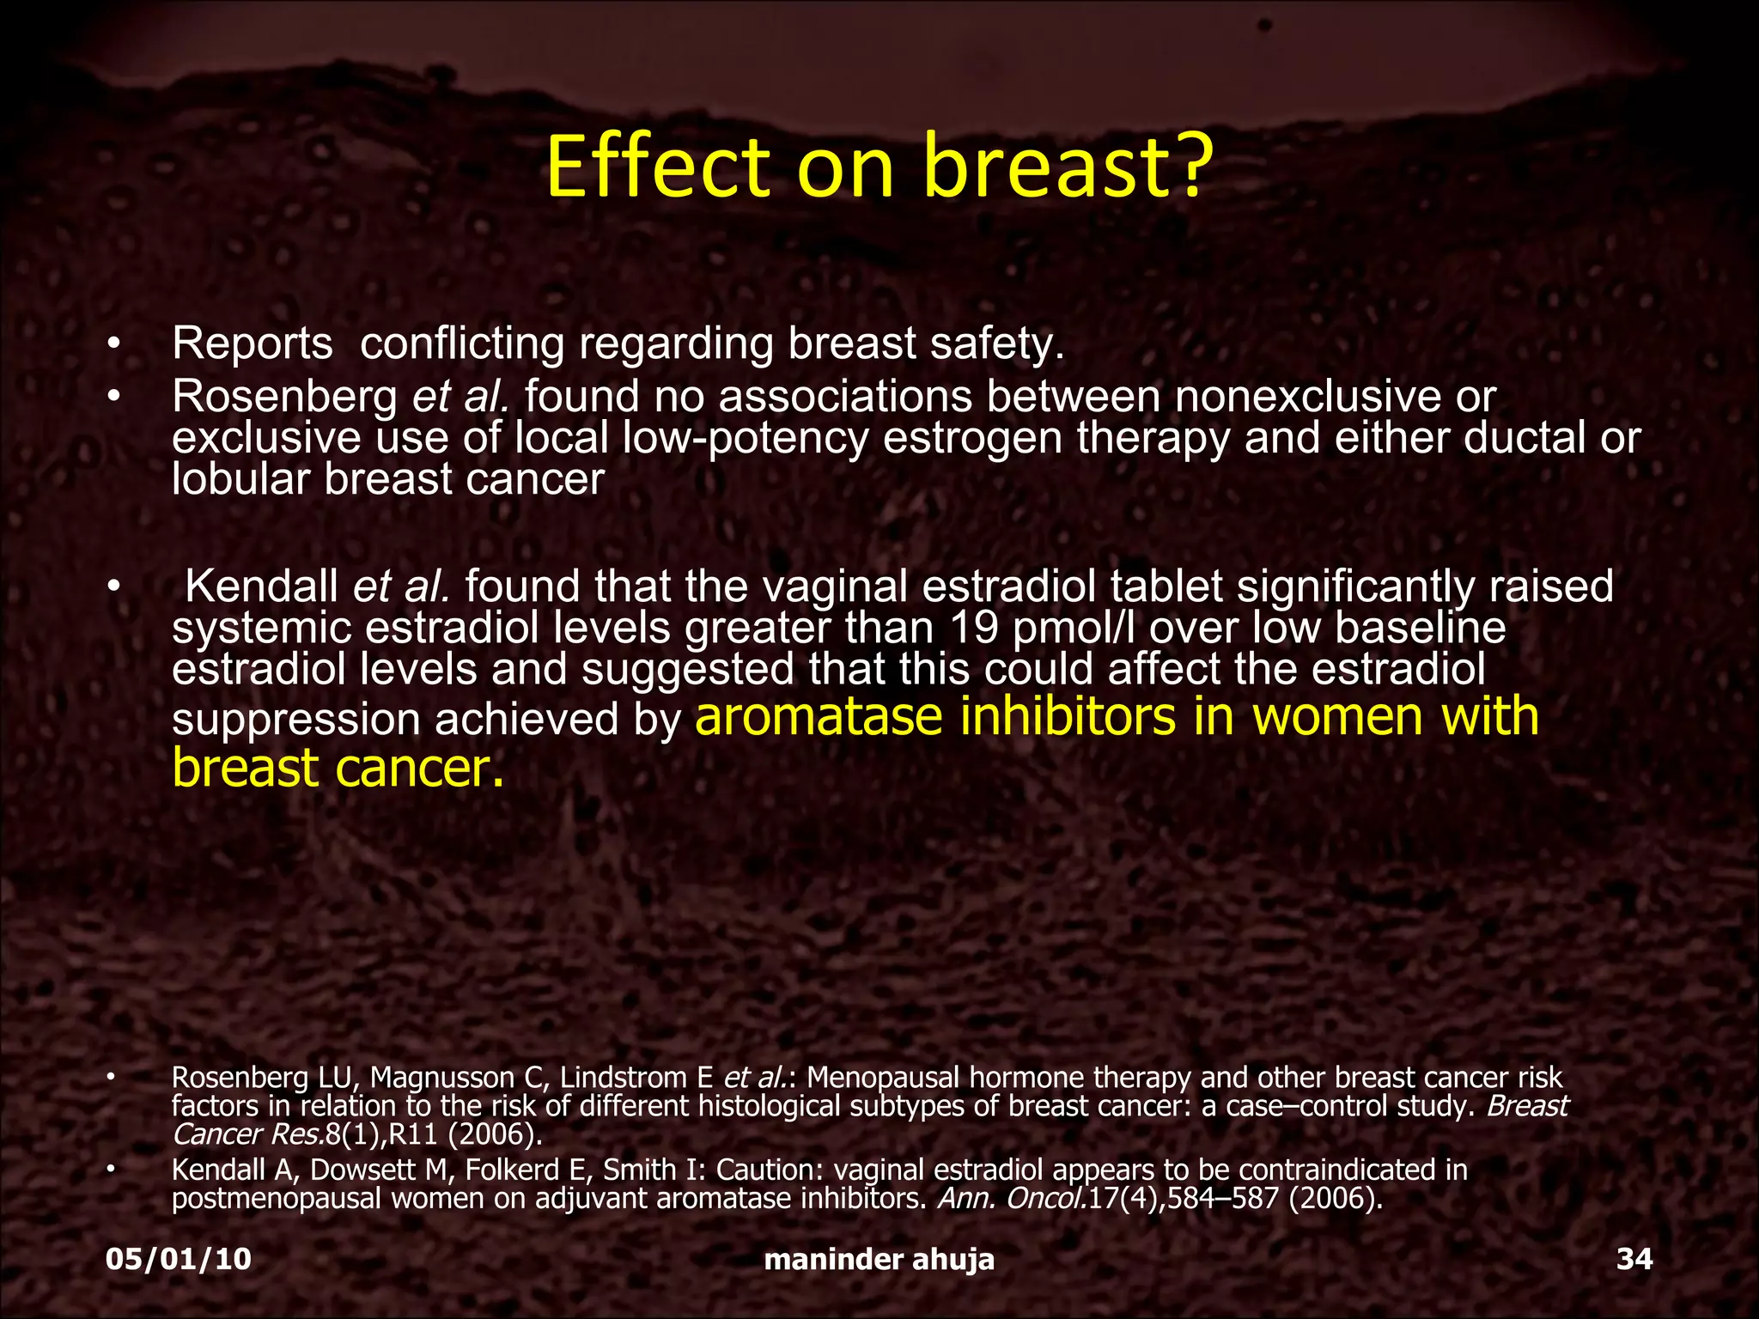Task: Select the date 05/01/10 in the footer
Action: [x=179, y=1259]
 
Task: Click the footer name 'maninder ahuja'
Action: [x=879, y=1259]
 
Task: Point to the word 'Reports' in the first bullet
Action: [x=252, y=343]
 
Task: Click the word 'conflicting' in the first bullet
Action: [x=462, y=343]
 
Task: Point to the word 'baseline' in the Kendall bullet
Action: [x=1419, y=629]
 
